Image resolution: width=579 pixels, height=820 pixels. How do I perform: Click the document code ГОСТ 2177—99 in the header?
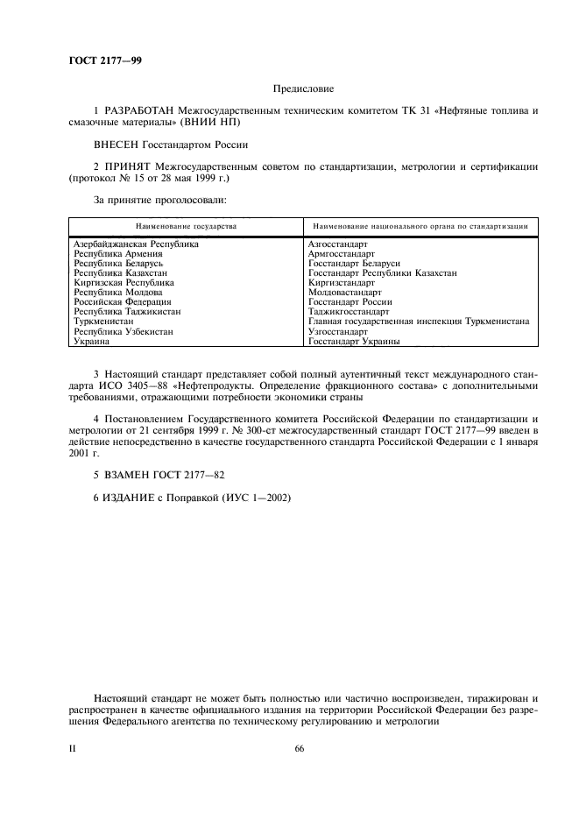pos(104,60)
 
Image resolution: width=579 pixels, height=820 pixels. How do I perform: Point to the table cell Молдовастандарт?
pos(344,293)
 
